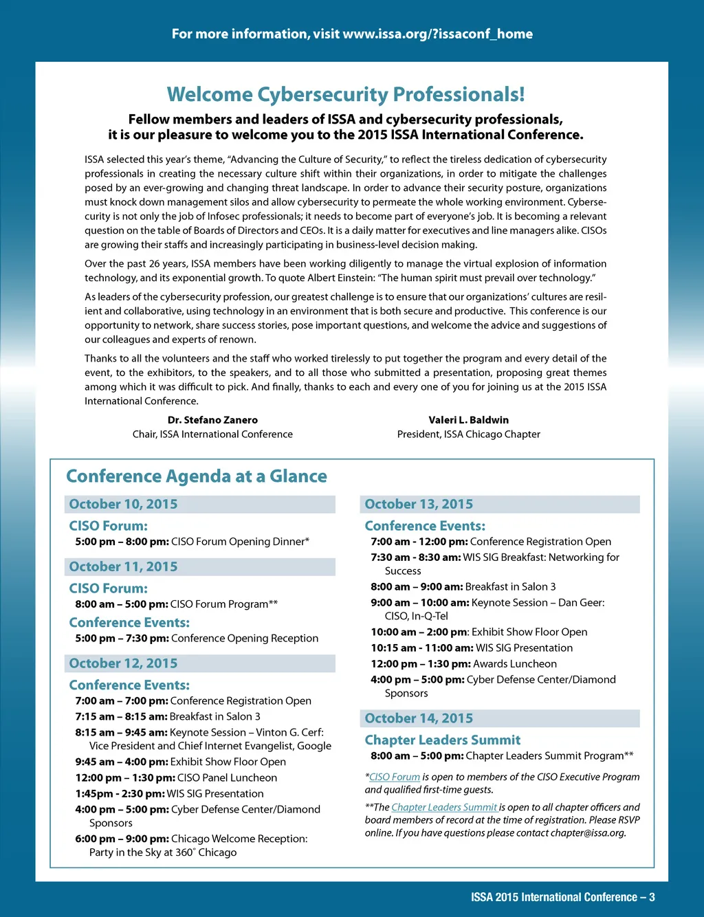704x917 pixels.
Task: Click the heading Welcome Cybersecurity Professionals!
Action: (346, 95)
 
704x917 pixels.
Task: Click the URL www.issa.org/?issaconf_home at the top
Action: (437, 34)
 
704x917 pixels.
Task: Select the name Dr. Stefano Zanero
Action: (212, 420)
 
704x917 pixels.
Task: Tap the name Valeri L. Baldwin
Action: (469, 420)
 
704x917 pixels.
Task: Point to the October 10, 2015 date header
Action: (124, 505)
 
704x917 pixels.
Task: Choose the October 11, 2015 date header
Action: (124, 567)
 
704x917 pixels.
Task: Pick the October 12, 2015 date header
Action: (124, 664)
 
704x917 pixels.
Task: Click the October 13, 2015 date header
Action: (419, 505)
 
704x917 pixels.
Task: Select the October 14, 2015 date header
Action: (419, 718)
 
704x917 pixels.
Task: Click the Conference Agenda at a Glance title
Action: (197, 476)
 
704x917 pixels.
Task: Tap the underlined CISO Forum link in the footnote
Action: (395, 777)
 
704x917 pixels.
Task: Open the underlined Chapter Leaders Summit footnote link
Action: (444, 807)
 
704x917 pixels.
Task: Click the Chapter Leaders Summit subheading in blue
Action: (443, 740)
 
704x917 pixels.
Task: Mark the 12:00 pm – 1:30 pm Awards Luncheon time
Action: (421, 664)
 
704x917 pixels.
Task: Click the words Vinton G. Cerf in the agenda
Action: (288, 733)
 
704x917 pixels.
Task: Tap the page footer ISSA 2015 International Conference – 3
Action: (562, 898)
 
